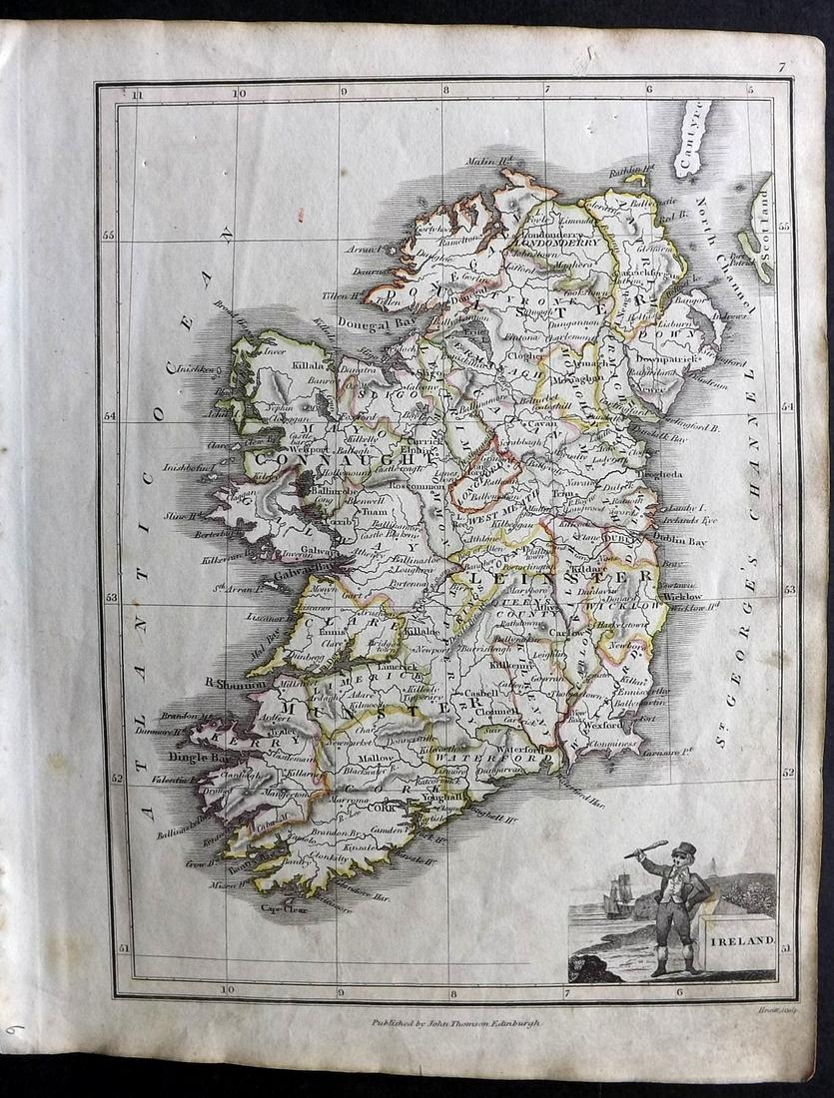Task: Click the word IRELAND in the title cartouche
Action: click(x=737, y=940)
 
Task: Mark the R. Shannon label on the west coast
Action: click(x=228, y=683)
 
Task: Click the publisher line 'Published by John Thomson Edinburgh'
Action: click(x=455, y=1023)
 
